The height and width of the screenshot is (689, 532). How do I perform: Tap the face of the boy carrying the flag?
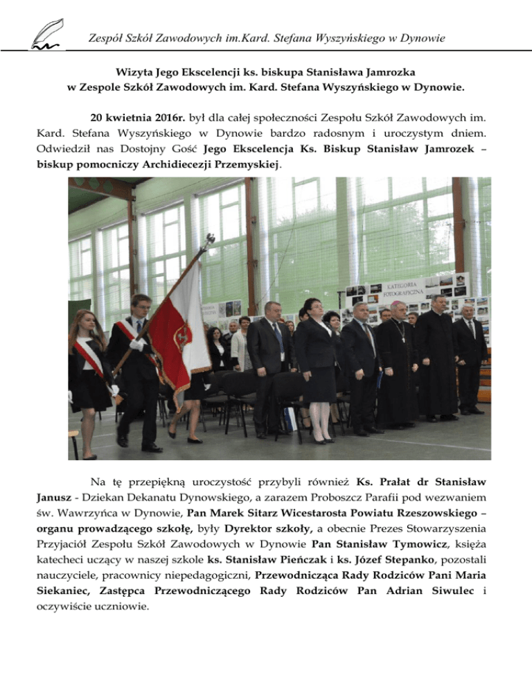141,307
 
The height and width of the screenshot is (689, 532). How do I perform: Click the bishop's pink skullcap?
400,304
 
